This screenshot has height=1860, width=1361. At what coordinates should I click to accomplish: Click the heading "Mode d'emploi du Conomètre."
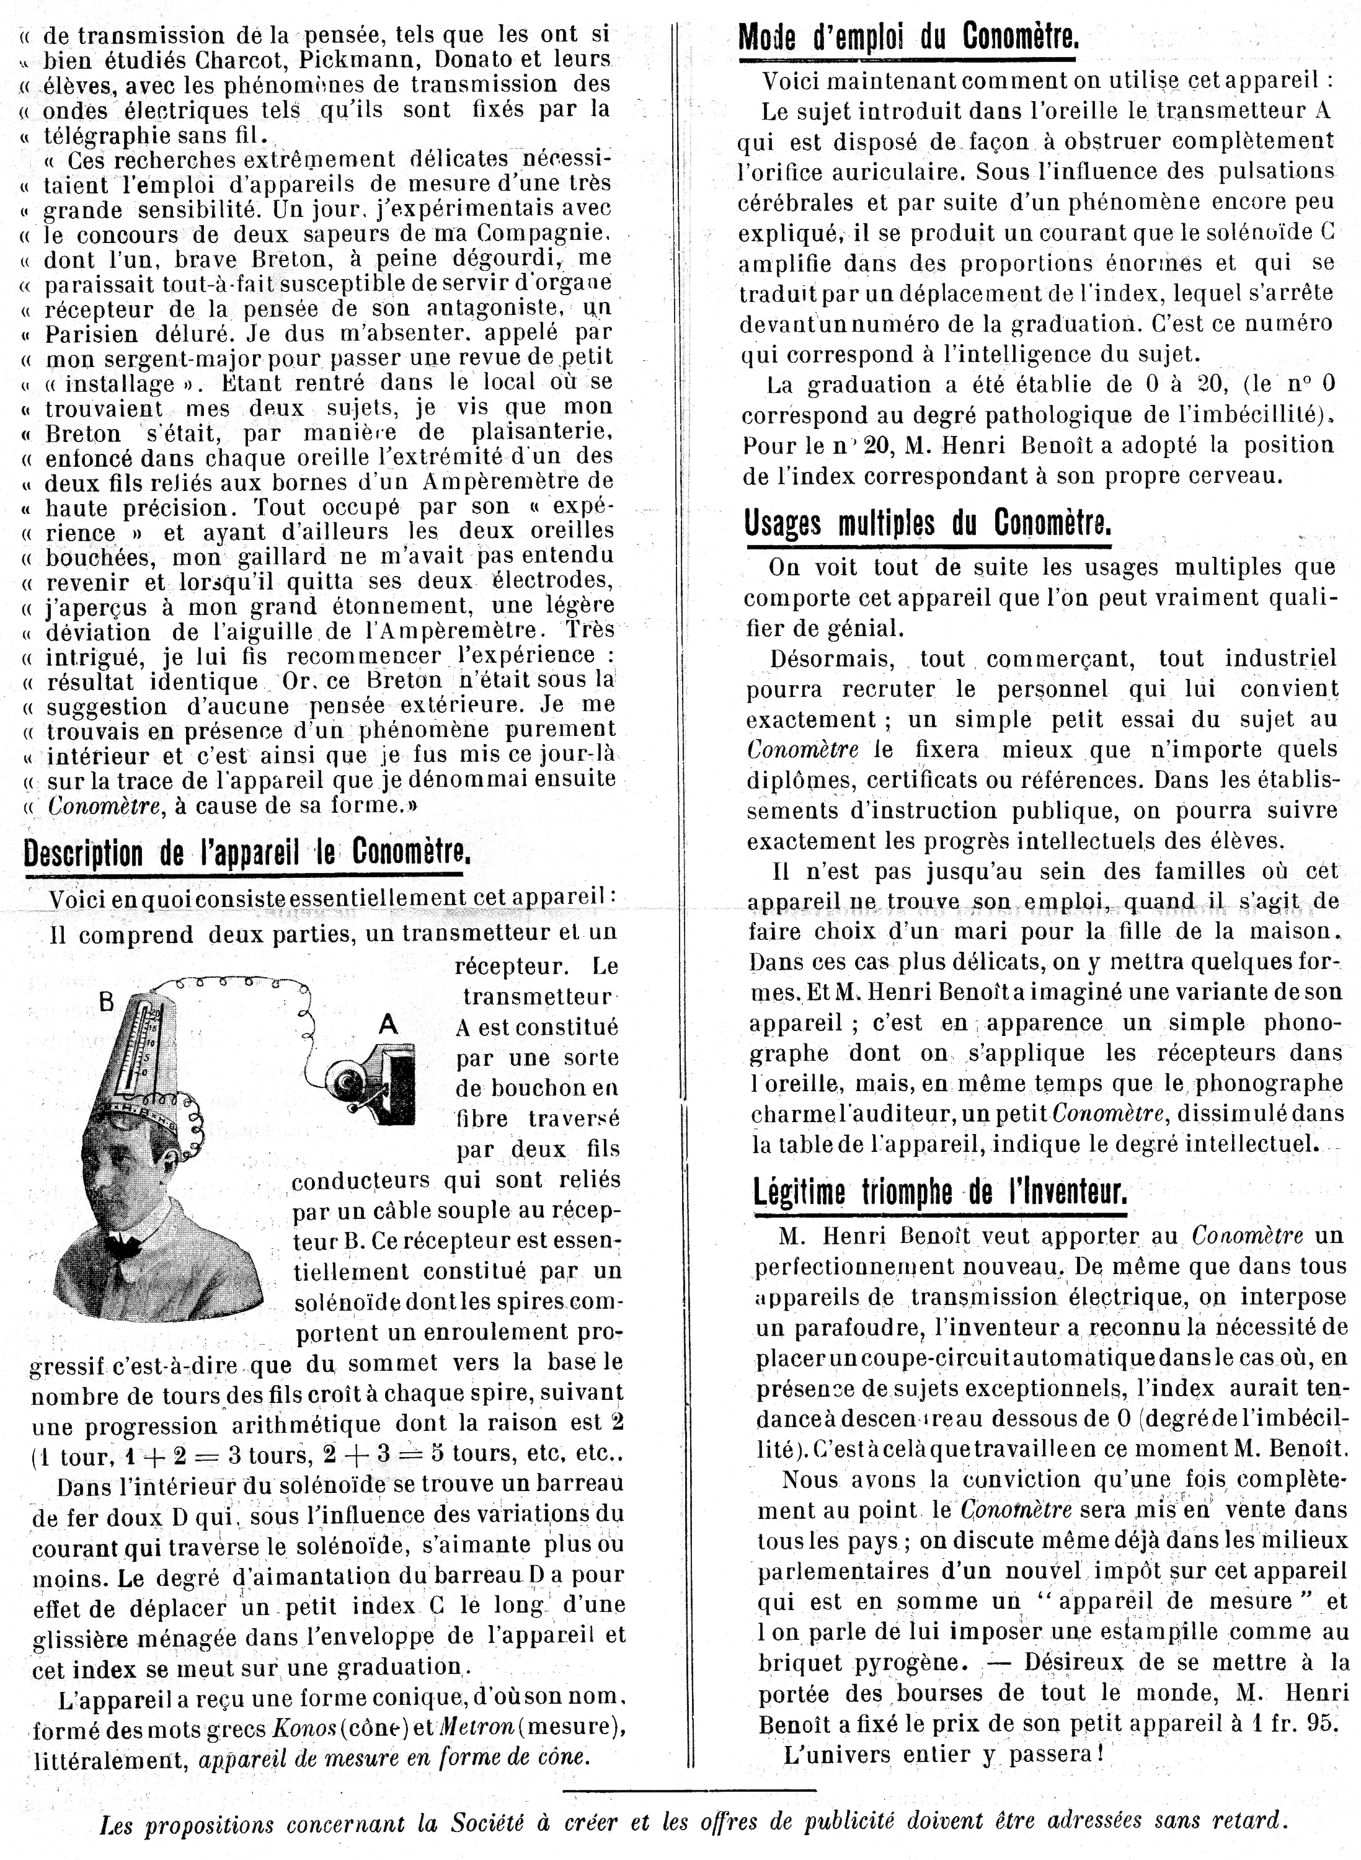907,38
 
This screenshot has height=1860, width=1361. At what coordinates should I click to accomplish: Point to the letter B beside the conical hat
106,1003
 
